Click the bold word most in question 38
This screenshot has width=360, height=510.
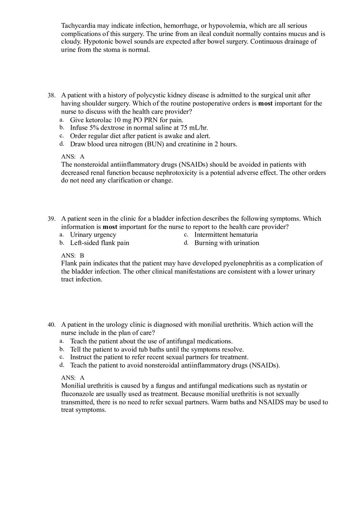tap(265, 103)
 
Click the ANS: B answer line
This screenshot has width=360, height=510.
tap(72, 255)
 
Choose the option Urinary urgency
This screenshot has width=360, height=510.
tap(93, 235)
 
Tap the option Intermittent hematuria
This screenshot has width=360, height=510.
tap(226, 235)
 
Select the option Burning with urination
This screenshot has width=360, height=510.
tap(227, 243)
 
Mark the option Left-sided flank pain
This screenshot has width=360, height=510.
tap(99, 243)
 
